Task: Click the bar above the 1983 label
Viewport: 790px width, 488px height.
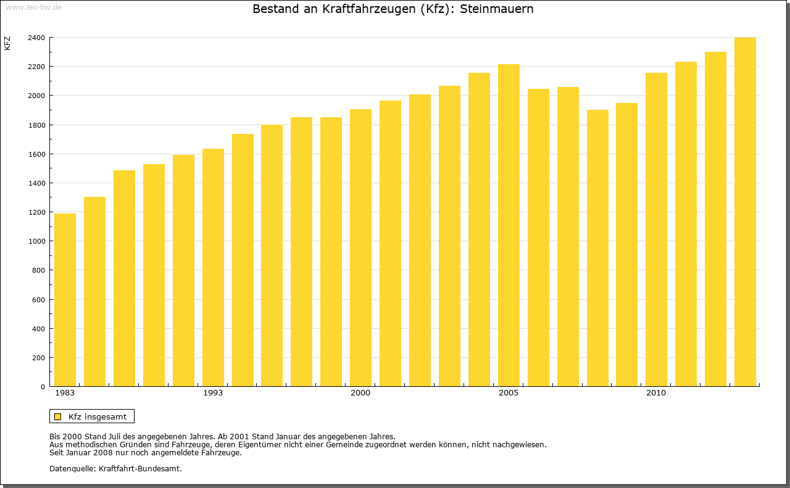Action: point(65,300)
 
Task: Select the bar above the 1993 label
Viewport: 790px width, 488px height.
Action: point(213,268)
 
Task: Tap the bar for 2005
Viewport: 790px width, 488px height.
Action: point(509,225)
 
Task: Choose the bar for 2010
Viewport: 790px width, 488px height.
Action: point(656,230)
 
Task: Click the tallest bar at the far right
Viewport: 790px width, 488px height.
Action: point(745,212)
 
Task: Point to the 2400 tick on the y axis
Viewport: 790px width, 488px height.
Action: point(36,38)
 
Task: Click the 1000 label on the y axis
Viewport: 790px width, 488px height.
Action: point(36,241)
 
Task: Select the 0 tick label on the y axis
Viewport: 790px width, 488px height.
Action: point(42,387)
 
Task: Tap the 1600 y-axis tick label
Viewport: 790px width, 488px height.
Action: point(36,154)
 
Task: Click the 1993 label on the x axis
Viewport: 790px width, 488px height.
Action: point(213,393)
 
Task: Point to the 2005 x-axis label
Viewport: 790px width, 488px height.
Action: point(509,393)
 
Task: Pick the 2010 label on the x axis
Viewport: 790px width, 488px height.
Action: point(656,393)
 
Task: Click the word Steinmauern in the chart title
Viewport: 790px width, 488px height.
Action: point(497,9)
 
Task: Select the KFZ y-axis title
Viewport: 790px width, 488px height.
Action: point(7,43)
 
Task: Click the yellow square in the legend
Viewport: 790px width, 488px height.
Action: point(57,416)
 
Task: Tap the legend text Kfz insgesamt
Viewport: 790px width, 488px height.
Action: point(98,416)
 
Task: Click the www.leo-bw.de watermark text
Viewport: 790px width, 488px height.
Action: point(33,6)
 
